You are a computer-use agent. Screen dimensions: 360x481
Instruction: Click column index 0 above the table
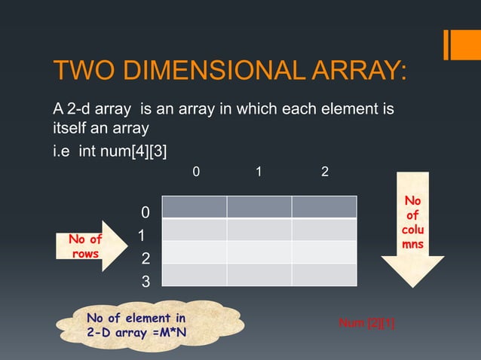197,172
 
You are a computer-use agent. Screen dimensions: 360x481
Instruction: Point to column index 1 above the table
259,172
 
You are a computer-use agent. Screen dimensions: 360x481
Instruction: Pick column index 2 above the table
325,172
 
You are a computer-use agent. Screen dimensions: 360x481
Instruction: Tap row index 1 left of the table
141,236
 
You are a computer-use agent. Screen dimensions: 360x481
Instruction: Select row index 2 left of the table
146,260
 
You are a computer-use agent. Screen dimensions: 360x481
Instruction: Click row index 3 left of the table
146,283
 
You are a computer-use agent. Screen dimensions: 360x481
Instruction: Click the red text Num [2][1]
367,324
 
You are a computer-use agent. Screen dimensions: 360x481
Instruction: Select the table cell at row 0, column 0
194,207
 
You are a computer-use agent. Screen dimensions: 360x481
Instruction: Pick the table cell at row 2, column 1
259,252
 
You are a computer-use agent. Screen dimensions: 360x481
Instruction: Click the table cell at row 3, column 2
324,275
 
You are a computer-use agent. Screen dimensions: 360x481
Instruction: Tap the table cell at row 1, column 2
324,230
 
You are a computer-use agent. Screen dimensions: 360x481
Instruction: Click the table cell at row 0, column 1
259,207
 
